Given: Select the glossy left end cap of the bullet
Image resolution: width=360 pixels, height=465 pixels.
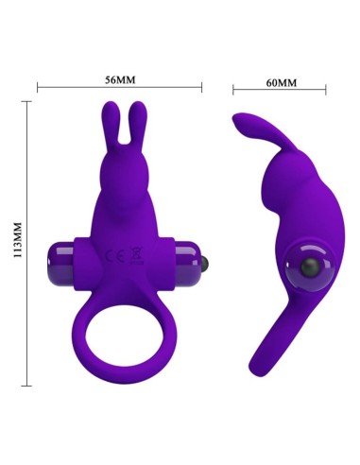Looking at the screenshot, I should pos(60,257).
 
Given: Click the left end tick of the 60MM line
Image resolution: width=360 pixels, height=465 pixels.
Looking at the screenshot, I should pos(231,92).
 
